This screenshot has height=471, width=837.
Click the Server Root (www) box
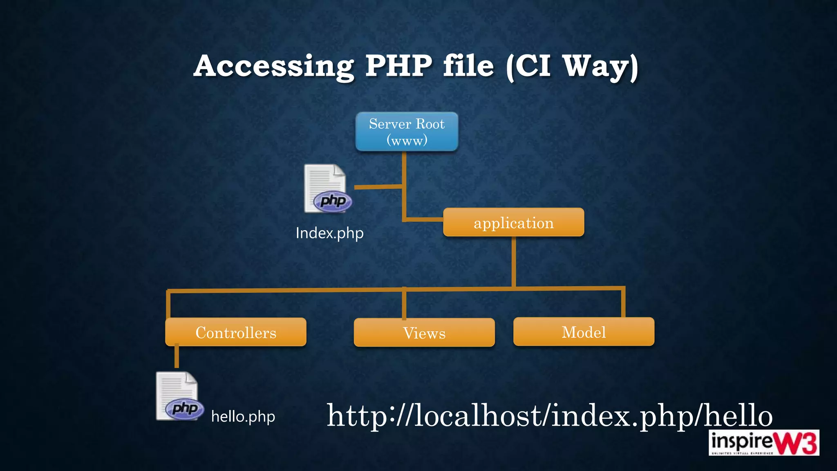(x=407, y=132)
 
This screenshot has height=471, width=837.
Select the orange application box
(x=513, y=222)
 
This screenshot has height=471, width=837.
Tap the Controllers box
(x=236, y=332)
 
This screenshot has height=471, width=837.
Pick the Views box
(x=424, y=333)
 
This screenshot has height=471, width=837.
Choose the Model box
(x=584, y=332)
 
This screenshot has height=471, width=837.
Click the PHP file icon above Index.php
(x=327, y=189)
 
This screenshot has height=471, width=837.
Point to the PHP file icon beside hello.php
(x=179, y=396)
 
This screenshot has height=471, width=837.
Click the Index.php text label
(x=329, y=233)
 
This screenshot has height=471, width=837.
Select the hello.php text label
(x=243, y=417)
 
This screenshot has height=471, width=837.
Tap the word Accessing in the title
(x=274, y=66)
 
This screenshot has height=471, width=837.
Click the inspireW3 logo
(x=763, y=442)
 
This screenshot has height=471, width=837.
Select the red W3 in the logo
(x=797, y=443)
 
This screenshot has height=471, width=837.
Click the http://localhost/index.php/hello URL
(x=549, y=415)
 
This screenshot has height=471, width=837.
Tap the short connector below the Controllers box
(x=177, y=357)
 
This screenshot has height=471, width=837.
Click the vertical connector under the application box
(x=513, y=262)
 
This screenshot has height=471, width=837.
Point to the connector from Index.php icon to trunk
(x=378, y=187)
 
